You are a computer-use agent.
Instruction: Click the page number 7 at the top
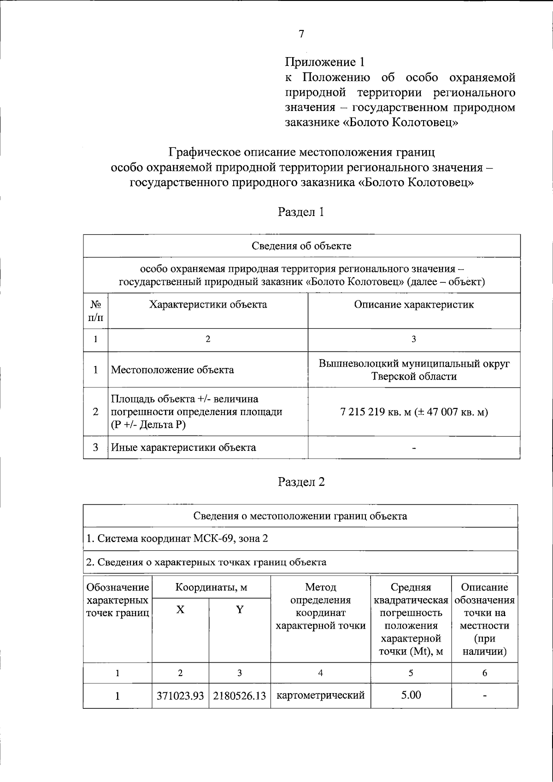click(x=301, y=34)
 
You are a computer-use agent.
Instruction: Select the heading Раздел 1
click(x=301, y=212)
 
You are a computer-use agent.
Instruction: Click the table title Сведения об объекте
click(x=301, y=246)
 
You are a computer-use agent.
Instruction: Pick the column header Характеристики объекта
click(x=208, y=304)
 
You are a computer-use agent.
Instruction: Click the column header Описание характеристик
click(x=413, y=304)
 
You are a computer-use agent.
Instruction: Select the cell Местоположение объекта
click(x=173, y=370)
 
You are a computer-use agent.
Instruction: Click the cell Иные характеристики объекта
click(x=184, y=448)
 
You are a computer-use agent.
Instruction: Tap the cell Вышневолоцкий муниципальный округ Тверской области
click(x=414, y=370)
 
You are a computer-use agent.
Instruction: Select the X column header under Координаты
click(x=180, y=610)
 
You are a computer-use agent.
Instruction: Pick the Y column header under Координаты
click(x=240, y=610)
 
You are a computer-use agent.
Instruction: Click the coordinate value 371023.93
click(x=180, y=696)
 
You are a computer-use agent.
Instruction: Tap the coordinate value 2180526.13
click(x=240, y=696)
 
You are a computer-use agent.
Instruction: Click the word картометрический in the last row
click(x=320, y=695)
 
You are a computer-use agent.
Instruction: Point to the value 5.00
click(x=411, y=695)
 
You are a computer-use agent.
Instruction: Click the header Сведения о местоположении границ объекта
click(x=300, y=516)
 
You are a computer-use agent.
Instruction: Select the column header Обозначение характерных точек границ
click(x=118, y=600)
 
